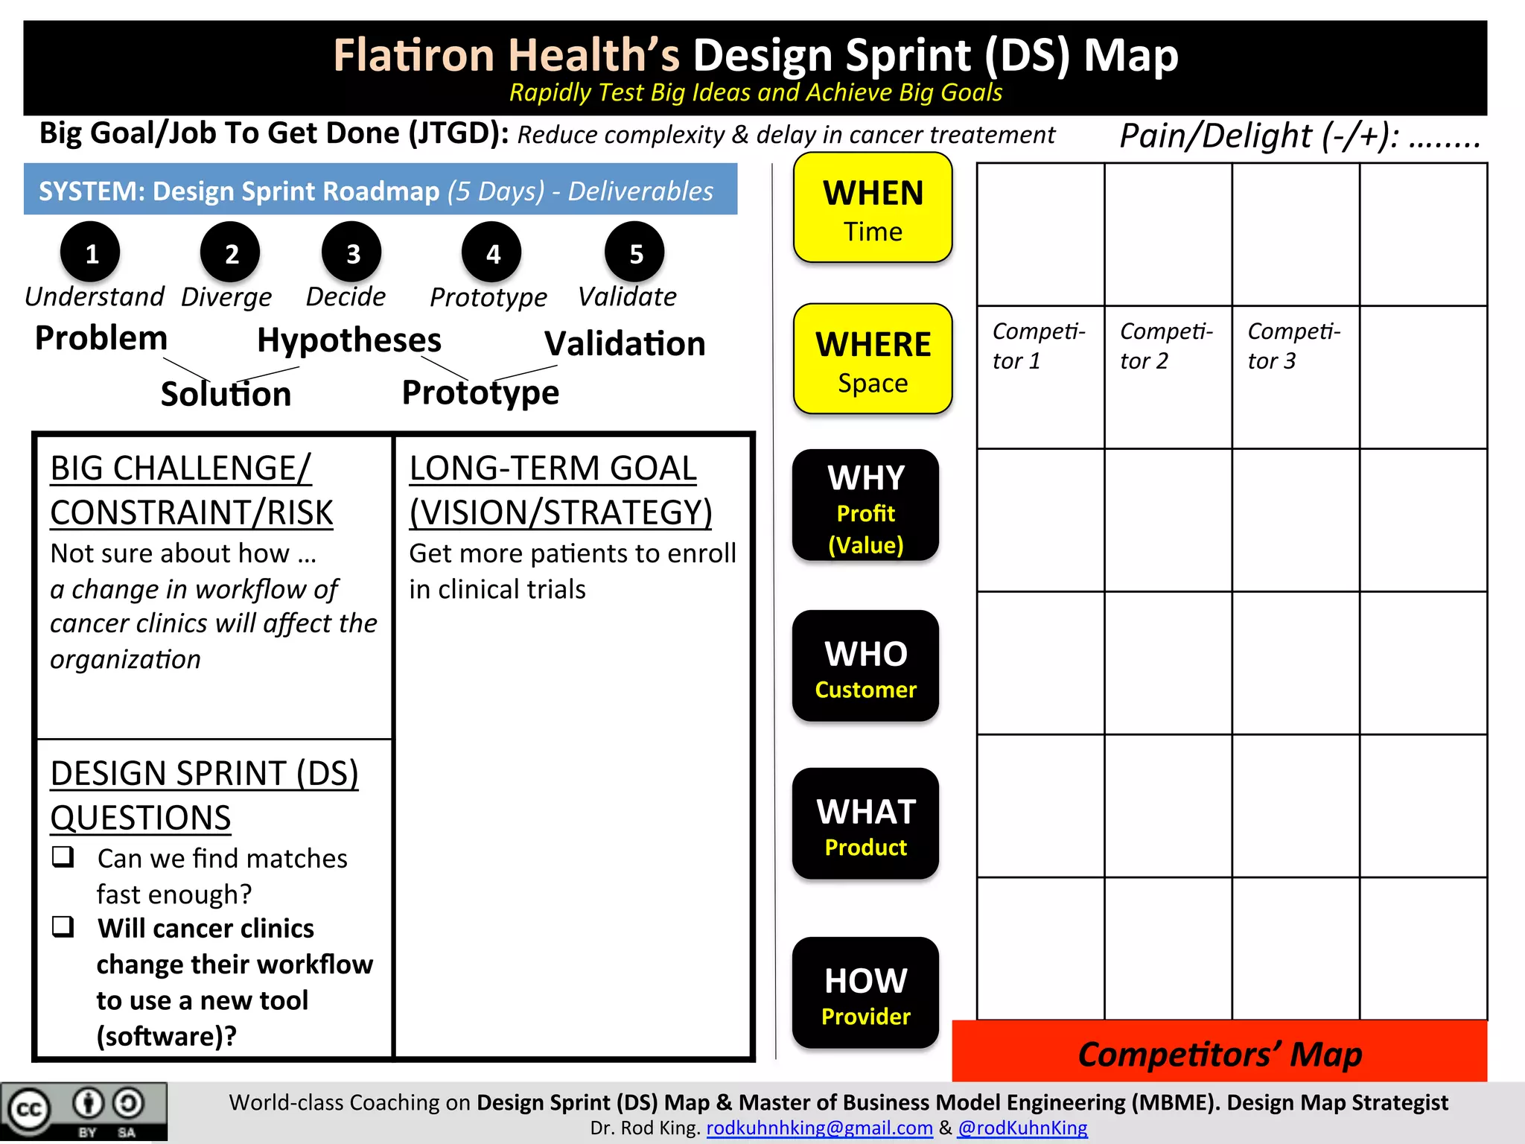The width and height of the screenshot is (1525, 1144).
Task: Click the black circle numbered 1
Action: tap(91, 253)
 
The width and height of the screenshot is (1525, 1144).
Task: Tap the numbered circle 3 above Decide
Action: tap(352, 253)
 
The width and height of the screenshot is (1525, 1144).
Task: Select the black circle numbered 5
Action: tap(635, 253)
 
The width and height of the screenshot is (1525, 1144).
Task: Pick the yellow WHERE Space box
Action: tap(873, 359)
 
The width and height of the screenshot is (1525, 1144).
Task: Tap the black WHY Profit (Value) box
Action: tap(865, 506)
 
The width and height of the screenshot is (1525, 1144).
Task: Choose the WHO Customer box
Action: tap(865, 666)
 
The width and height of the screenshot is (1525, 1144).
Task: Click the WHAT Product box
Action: tap(865, 824)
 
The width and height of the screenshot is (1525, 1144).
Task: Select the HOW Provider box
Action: tap(865, 993)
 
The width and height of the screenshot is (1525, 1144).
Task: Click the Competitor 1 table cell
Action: tap(1040, 377)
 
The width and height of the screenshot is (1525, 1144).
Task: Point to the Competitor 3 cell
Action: tap(1295, 377)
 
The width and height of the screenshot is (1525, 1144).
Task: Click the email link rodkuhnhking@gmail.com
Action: tap(819, 1128)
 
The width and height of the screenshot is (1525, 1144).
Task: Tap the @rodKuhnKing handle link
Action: tap(1022, 1128)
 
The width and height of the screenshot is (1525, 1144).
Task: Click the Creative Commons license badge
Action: tap(83, 1112)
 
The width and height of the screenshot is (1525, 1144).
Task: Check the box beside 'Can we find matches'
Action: tap(63, 857)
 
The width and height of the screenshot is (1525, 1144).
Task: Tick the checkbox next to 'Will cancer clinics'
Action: tap(63, 927)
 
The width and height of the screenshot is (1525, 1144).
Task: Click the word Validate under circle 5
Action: tap(627, 296)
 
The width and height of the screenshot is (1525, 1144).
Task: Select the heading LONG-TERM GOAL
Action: tap(553, 468)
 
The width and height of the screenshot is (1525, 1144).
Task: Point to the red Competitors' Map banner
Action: tap(1219, 1053)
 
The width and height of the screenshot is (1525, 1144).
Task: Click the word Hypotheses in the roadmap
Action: tap(348, 340)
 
